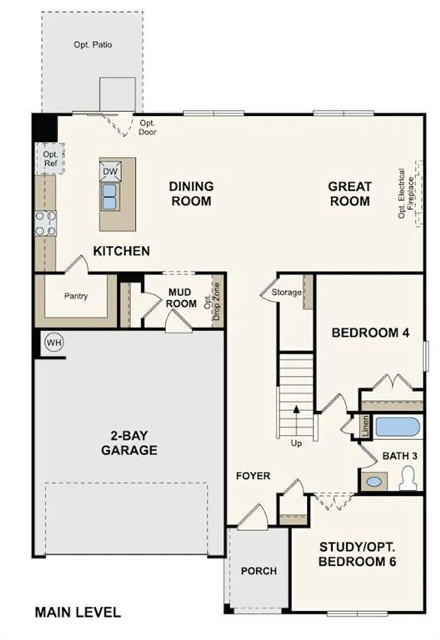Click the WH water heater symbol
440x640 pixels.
(54, 343)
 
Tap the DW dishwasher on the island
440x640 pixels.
(110, 171)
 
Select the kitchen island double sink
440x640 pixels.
(110, 196)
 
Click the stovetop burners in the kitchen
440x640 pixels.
(46, 223)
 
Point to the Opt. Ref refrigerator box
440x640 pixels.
(50, 159)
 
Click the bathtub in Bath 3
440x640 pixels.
(397, 427)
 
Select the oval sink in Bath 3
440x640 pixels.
(374, 481)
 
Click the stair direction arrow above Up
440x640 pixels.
(296, 409)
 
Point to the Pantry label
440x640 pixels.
(76, 296)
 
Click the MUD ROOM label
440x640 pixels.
(181, 298)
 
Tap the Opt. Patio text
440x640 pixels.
(93, 45)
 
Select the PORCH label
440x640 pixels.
(259, 571)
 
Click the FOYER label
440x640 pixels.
(253, 476)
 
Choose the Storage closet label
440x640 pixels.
(286, 293)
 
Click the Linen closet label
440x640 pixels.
(365, 426)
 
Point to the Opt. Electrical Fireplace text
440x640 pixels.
(406, 193)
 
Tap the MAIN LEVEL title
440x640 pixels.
(78, 612)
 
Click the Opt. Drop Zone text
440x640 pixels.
(212, 301)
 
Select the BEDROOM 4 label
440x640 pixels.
(370, 333)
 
